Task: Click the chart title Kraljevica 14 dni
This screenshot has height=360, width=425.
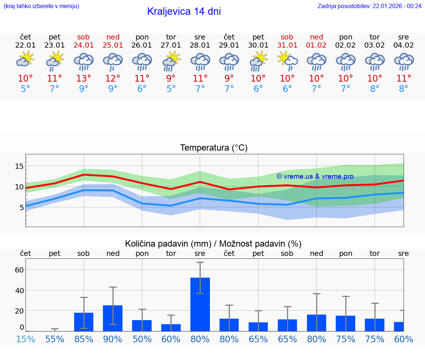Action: [x=184, y=11]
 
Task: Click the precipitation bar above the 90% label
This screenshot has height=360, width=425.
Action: [x=113, y=318]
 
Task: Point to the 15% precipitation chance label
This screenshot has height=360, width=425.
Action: [x=25, y=339]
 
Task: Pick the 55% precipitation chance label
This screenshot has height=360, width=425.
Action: [x=55, y=339]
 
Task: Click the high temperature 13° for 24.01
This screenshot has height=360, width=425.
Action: [x=84, y=79]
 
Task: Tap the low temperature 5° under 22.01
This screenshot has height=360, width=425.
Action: [x=25, y=89]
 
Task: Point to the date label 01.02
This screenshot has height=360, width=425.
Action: [x=316, y=45]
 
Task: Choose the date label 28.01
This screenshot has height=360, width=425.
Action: [x=200, y=45]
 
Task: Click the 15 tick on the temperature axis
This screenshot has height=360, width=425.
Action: [x=19, y=166]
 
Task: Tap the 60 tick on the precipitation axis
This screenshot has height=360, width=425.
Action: [x=19, y=270]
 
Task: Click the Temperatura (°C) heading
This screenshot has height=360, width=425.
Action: [x=214, y=148]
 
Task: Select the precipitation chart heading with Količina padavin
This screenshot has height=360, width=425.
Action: [x=213, y=244]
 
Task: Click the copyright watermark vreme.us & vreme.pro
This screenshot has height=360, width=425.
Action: [x=315, y=176]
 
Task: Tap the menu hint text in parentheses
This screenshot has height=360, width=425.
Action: [x=41, y=6]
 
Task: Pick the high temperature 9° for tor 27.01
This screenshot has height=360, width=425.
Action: [x=171, y=79]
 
